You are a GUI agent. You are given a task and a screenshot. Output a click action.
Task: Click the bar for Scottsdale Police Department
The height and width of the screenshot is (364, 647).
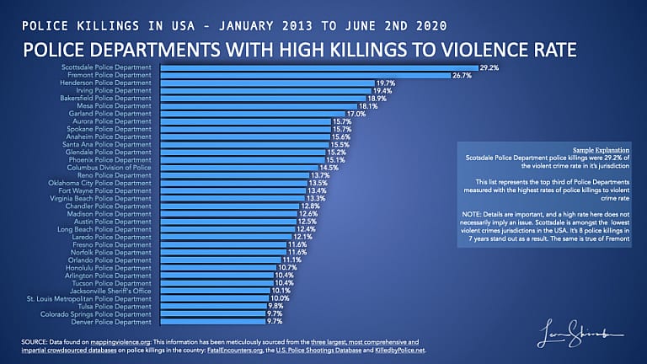click(x=316, y=67)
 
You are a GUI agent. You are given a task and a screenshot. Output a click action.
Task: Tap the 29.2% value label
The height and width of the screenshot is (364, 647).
click(x=489, y=67)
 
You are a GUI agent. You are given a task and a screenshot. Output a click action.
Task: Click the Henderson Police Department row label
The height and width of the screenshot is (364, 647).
click(x=111, y=83)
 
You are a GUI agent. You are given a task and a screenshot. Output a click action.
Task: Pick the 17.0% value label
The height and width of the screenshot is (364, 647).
click(x=356, y=114)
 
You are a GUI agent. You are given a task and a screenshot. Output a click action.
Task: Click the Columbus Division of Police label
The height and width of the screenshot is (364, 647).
click(x=111, y=168)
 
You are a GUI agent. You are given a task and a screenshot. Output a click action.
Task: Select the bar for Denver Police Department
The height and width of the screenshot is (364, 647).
click(x=211, y=322)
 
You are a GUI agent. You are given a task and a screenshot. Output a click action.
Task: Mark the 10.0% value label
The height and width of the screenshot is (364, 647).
click(x=280, y=298)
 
